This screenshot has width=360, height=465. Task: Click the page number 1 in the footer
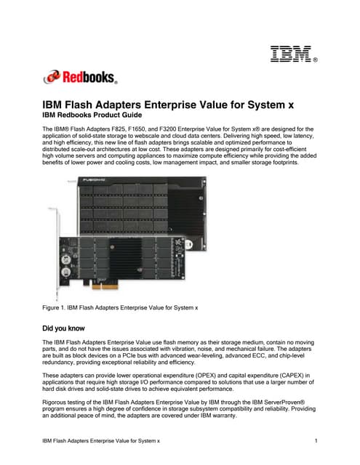click(x=318, y=441)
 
